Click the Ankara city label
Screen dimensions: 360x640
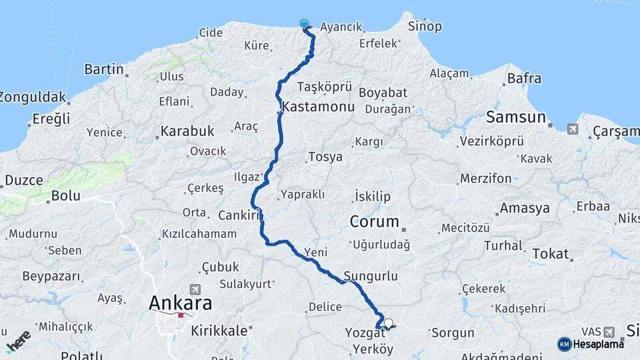point(180,303)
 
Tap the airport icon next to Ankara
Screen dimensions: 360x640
point(195,289)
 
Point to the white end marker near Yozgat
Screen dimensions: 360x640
point(388,323)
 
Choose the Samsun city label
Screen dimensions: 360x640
point(515,118)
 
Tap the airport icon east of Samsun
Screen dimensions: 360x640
point(573,129)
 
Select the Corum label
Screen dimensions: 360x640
point(375,221)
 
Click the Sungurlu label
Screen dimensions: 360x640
point(371,276)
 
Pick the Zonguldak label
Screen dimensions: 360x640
point(32,97)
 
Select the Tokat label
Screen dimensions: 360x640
point(551,254)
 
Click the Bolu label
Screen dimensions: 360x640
point(65,196)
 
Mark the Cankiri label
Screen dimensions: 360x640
point(238,215)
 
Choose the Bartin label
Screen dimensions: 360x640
point(104,69)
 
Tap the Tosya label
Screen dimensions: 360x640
point(325,157)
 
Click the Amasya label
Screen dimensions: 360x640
point(525,208)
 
